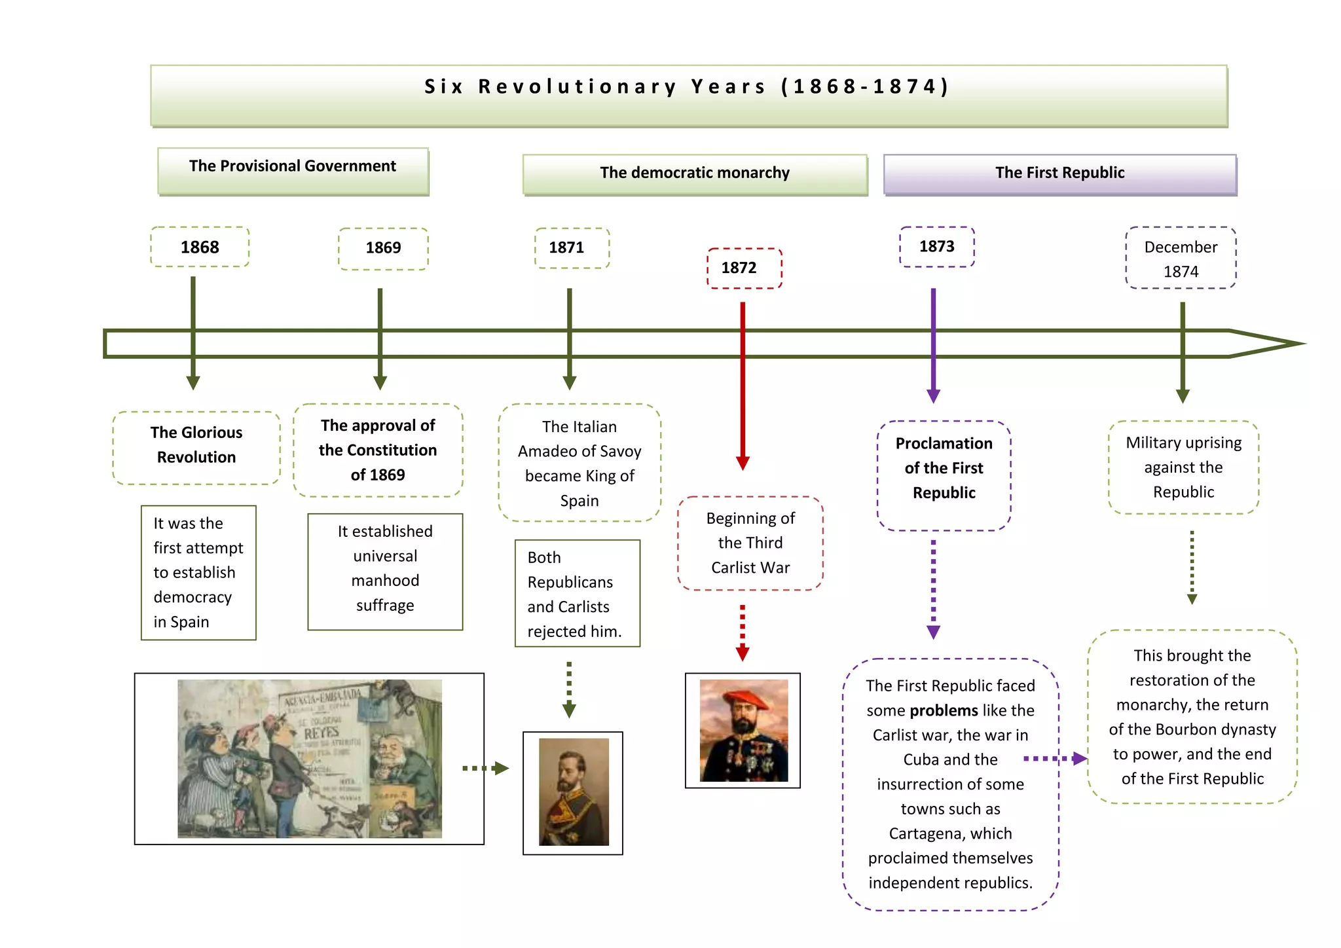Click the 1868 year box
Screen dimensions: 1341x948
pos(200,247)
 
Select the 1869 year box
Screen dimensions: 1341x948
pos(383,248)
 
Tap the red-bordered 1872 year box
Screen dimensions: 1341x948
pos(744,268)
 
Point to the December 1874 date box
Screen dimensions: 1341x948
pos(1181,258)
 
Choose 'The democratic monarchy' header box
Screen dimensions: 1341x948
pos(695,173)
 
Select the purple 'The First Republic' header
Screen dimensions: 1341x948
pos(1059,173)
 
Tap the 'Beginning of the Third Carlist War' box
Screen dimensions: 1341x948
pos(750,543)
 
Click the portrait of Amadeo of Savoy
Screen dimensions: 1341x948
pos(574,792)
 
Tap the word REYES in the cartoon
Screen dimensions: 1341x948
pos(321,733)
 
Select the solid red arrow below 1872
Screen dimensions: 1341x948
pos(743,386)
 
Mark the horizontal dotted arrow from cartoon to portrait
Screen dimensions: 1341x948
pos(485,768)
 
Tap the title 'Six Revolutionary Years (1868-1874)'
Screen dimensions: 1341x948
pos(688,87)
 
